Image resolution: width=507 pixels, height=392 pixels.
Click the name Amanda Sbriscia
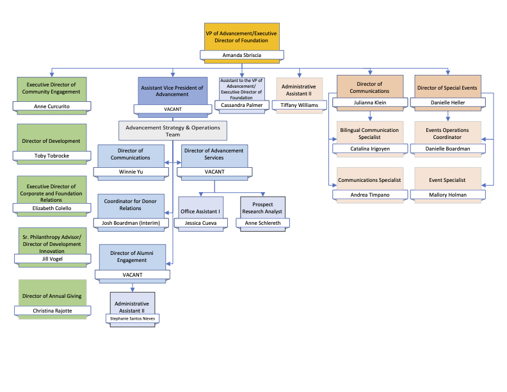[x=241, y=56]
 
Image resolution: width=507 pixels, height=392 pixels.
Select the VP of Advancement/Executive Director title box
[x=241, y=37]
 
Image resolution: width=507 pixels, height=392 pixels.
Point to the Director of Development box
[x=52, y=138]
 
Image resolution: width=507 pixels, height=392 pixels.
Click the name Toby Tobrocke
[x=52, y=156]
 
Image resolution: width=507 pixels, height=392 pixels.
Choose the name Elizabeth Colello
[x=52, y=208]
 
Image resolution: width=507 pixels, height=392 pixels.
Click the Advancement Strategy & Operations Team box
[x=173, y=131]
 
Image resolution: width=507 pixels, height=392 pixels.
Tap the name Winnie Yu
[x=132, y=172]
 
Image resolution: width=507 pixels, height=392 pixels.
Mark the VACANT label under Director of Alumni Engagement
[x=133, y=275]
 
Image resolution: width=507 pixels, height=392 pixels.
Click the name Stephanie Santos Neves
[x=132, y=318]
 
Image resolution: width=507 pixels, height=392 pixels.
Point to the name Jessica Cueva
[x=202, y=223]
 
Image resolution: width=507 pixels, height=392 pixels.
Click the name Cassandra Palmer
[x=241, y=105]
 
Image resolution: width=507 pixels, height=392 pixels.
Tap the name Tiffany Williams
[x=299, y=105]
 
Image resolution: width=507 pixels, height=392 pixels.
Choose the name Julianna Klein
[x=370, y=102]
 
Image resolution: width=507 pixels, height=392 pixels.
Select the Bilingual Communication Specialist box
[x=370, y=133]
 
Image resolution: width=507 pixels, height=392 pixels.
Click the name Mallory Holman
[x=447, y=194]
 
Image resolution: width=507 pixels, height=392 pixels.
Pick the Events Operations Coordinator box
[x=447, y=133]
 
